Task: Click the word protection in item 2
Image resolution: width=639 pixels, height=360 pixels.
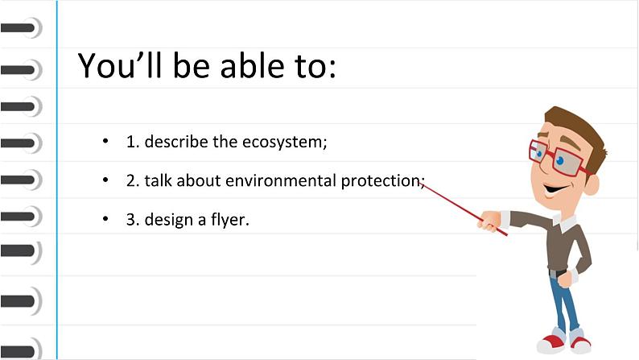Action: tap(378, 180)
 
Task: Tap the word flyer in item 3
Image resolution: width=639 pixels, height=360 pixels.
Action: tap(230, 219)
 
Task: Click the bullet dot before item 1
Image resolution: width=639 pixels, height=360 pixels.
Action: tap(105, 143)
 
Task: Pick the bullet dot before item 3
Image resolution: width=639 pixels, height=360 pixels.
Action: tap(105, 218)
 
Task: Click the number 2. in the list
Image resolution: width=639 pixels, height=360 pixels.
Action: tap(133, 180)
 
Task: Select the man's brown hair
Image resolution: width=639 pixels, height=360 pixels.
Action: tap(579, 129)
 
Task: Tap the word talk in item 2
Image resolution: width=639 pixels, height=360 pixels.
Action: tap(159, 180)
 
